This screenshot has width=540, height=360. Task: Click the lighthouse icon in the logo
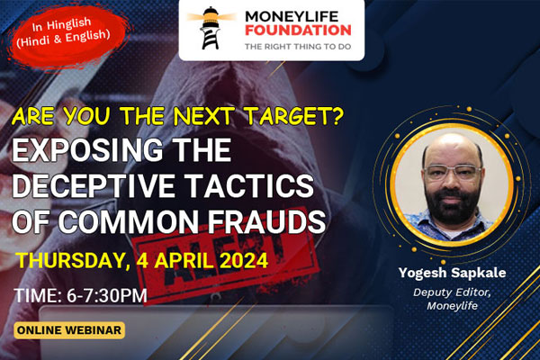[x=211, y=28]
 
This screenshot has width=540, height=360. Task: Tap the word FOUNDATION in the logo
[x=298, y=31]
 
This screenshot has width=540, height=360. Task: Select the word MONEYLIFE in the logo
[x=292, y=16]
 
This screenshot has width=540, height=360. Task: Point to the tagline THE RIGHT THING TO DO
[x=298, y=47]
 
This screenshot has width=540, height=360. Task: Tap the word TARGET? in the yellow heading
[x=295, y=116]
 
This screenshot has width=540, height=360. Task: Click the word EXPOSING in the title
[x=87, y=150]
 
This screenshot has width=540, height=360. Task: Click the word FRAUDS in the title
[x=266, y=221]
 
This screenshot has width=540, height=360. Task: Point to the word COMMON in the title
[x=128, y=221]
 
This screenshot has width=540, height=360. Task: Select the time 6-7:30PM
[x=107, y=295]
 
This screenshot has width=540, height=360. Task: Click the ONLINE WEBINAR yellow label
[x=69, y=330]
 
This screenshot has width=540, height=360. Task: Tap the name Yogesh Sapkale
[x=452, y=273]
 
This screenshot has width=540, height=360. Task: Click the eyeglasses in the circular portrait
[x=453, y=172]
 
